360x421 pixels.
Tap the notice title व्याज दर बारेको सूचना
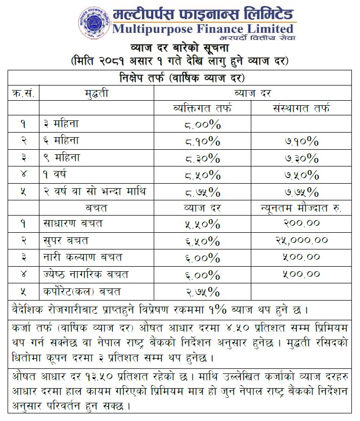pos(179,49)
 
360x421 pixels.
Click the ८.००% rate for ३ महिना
pos(203,124)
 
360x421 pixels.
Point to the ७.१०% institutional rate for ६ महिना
pos(301,141)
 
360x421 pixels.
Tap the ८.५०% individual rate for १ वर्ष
pos(203,175)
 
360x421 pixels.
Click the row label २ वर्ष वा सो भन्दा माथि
pos(94,191)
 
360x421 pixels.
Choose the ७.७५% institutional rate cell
pos(301,192)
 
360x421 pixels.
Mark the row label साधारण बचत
pos(72,223)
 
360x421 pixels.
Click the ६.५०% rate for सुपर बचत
pos(203,240)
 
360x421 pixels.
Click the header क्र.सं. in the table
pos(23,93)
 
